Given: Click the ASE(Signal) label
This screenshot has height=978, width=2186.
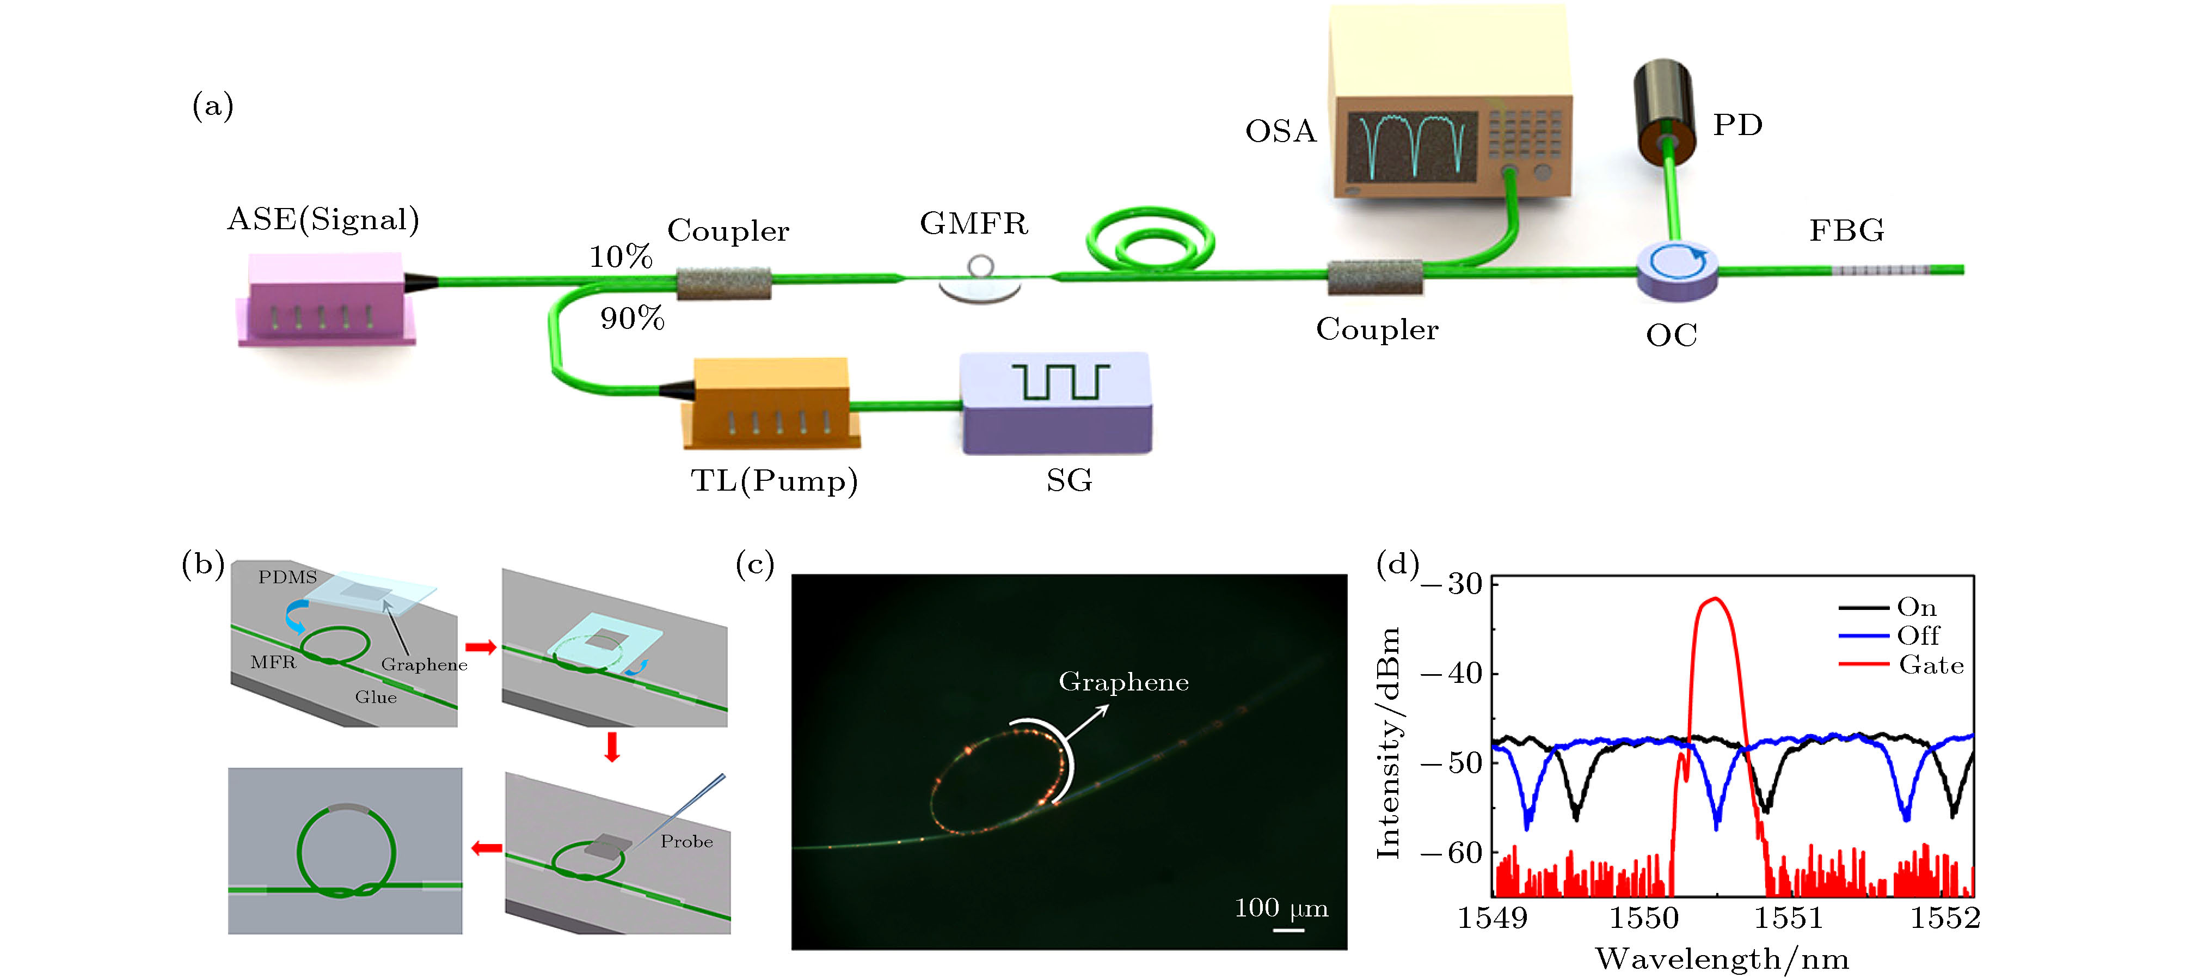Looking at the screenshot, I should (x=323, y=220).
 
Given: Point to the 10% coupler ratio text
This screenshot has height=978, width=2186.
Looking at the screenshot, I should (x=621, y=256).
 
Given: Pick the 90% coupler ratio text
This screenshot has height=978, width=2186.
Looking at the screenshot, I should (x=632, y=319).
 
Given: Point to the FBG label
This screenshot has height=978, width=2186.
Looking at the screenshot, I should (x=1846, y=230).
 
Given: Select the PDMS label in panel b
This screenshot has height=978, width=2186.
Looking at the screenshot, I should (x=288, y=577).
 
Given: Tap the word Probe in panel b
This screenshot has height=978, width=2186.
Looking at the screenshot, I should (x=686, y=841).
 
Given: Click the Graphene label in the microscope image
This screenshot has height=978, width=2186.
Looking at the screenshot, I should (x=1123, y=682).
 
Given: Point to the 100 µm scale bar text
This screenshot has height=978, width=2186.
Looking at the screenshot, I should (x=1281, y=908).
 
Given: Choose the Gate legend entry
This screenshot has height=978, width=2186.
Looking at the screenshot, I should (x=1931, y=665).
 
